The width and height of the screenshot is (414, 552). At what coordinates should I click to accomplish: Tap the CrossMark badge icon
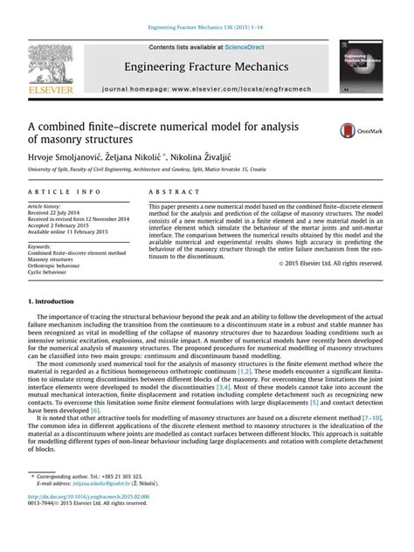(x=360, y=131)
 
